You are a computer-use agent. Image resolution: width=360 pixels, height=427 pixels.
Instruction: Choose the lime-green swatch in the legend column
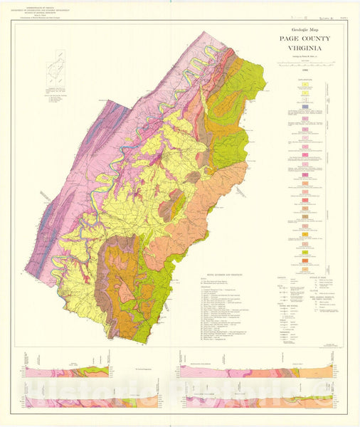pos(305,252)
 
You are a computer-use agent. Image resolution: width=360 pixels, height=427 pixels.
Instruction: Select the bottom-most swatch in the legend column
pos(305,270)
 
